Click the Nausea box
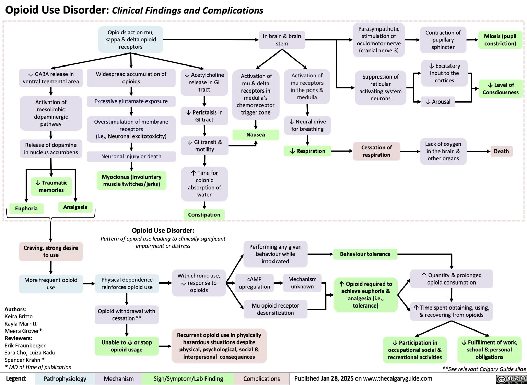pyautogui.click(x=255, y=135)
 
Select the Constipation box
pyautogui.click(x=204, y=215)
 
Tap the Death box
pyautogui.click(x=501, y=151)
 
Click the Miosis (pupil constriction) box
pyautogui.click(x=500, y=40)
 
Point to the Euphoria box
pyautogui.click(x=26, y=208)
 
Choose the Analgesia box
pyautogui.click(x=75, y=207)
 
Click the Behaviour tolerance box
pyautogui.click(x=365, y=254)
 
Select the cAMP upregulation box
pyautogui.click(x=254, y=283)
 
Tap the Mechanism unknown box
pyautogui.click(x=302, y=283)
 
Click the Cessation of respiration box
pyautogui.click(x=376, y=151)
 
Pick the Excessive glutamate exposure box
pyautogui.click(x=131, y=101)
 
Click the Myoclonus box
pyautogui.click(x=131, y=180)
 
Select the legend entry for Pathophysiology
pyautogui.click(x=65, y=379)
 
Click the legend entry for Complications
pyautogui.click(x=261, y=379)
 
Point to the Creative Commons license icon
pyautogui.click(x=511, y=379)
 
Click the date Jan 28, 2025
pyautogui.click(x=337, y=378)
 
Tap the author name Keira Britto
pyautogui.click(x=19, y=316)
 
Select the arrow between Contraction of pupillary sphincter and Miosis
pyautogui.click(x=472, y=40)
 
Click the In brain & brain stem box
pyautogui.click(x=282, y=40)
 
